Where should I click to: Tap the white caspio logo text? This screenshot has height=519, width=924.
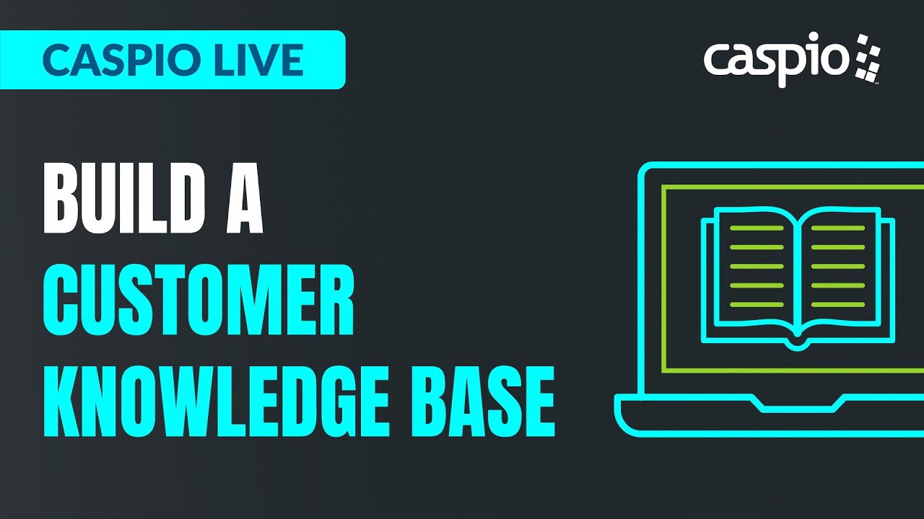[777, 59]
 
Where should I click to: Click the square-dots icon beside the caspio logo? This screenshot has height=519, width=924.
[868, 58]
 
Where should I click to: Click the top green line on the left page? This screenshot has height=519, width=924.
[756, 229]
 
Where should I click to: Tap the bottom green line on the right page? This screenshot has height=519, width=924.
[838, 304]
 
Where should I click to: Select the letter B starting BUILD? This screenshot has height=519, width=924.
[61, 199]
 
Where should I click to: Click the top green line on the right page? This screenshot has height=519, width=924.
[838, 229]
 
